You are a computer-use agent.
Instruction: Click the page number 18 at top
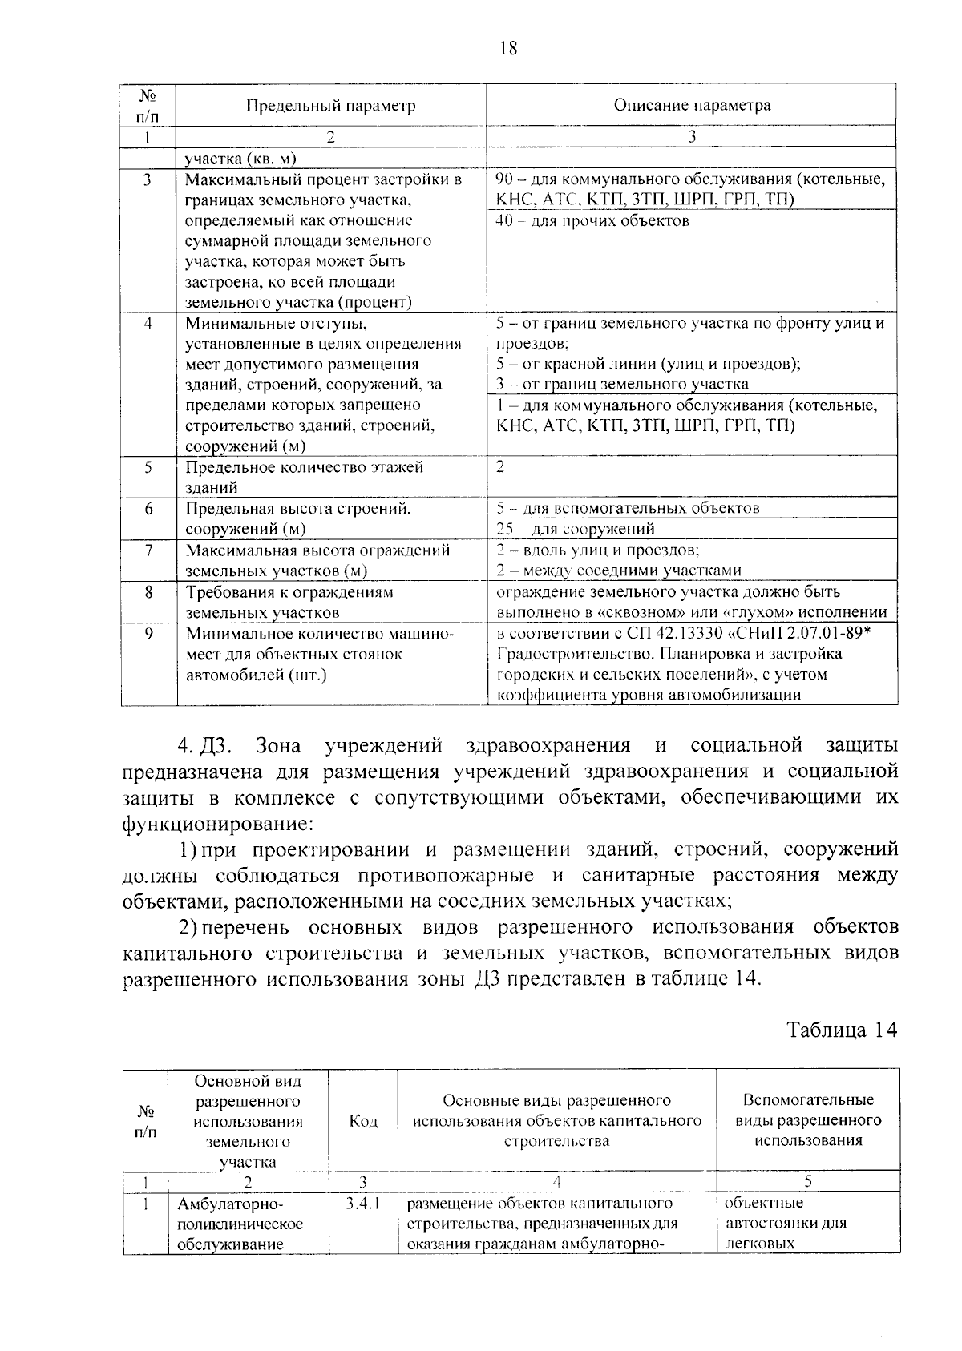pyautogui.click(x=508, y=49)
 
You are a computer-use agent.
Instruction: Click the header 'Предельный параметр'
pyautogui.click(x=330, y=106)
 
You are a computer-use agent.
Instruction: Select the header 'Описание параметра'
pyautogui.click(x=692, y=105)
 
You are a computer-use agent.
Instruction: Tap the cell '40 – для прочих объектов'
pyautogui.click(x=592, y=221)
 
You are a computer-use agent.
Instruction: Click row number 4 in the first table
pyautogui.click(x=148, y=325)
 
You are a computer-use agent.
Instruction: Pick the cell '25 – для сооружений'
pyautogui.click(x=576, y=529)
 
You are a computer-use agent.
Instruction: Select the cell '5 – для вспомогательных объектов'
pyautogui.click(x=628, y=508)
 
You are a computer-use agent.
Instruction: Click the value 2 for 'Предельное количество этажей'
pyautogui.click(x=500, y=467)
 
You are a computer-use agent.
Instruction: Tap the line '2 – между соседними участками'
pyautogui.click(x=618, y=571)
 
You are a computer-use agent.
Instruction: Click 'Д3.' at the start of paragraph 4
pyautogui.click(x=216, y=746)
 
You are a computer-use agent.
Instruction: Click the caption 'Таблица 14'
pyautogui.click(x=841, y=1030)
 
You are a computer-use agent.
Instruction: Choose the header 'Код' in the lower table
pyautogui.click(x=363, y=1121)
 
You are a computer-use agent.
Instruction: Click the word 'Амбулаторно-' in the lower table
pyautogui.click(x=231, y=1204)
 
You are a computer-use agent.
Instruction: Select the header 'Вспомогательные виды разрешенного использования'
pyautogui.click(x=807, y=1120)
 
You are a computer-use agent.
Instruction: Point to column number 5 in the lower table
pyautogui.click(x=807, y=1181)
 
